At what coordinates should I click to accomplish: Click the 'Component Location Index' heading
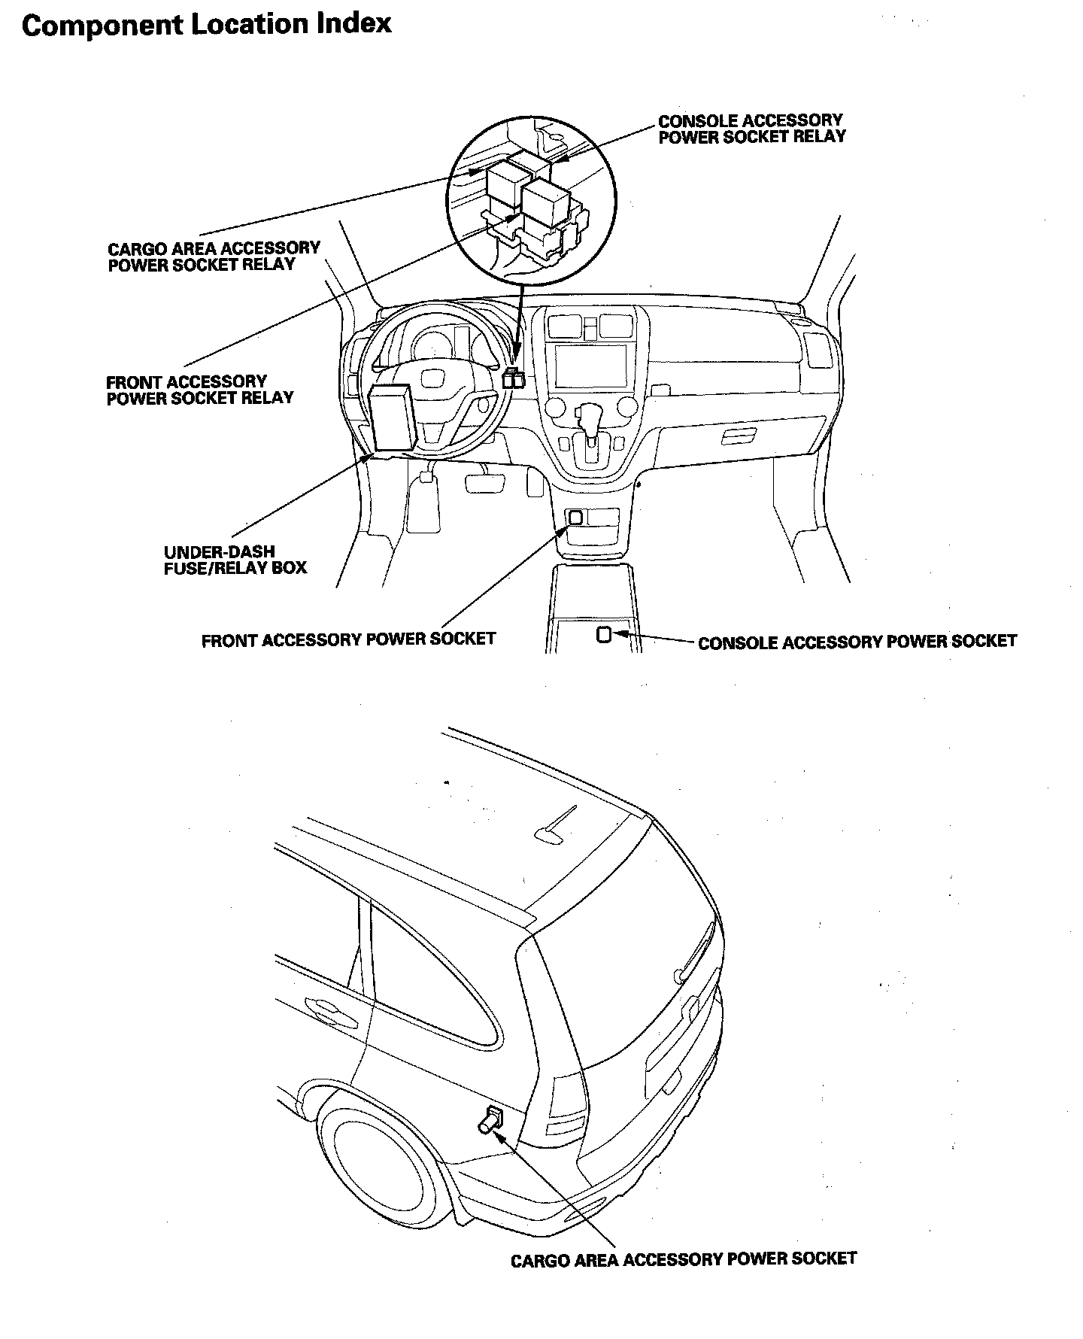pyautogui.click(x=207, y=25)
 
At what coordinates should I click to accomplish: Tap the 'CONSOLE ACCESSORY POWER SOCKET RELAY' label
pyautogui.click(x=752, y=129)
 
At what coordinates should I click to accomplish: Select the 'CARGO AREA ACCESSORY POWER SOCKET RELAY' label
pyautogui.click(x=214, y=257)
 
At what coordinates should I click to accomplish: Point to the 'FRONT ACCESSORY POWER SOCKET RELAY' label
pyautogui.click(x=200, y=390)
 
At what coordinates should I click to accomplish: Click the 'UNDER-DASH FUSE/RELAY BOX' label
pyautogui.click(x=235, y=560)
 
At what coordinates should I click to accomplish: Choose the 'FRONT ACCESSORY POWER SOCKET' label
pyautogui.click(x=349, y=639)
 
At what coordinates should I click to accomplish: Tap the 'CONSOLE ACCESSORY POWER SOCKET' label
pyautogui.click(x=857, y=642)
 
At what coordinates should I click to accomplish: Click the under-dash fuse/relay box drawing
pyautogui.click(x=390, y=417)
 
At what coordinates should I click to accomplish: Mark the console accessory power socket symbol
pyautogui.click(x=604, y=635)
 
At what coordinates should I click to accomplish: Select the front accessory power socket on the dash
pyautogui.click(x=576, y=517)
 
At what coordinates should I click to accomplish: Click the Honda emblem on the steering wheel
pyautogui.click(x=435, y=378)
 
